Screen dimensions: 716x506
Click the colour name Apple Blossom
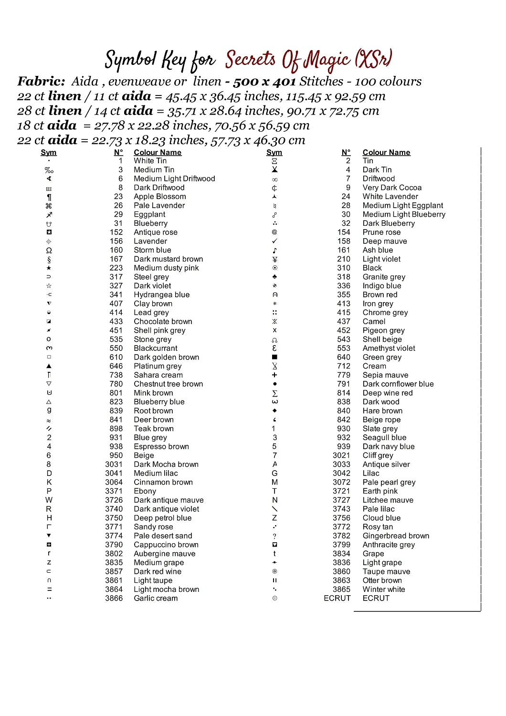point(159,197)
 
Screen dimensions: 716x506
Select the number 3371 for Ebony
point(114,491)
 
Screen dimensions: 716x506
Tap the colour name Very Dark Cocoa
point(392,188)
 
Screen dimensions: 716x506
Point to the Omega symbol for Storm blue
point(49,250)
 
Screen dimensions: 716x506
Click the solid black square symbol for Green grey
point(274,357)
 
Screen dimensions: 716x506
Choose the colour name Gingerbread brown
point(396,536)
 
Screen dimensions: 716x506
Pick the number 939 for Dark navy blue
point(344,447)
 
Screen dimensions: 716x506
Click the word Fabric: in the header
point(41,81)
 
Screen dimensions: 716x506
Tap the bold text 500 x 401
point(264,82)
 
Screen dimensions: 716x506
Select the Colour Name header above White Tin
point(158,152)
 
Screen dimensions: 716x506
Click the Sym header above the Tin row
point(274,152)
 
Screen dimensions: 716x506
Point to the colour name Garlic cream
point(156,599)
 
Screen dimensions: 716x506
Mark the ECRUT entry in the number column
point(337,599)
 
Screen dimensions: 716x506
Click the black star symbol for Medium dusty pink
point(49,268)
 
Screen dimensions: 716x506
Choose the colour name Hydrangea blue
point(161,295)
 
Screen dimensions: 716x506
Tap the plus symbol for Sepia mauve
point(274,375)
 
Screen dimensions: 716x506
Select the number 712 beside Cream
point(344,366)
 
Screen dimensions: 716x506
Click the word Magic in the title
point(327,60)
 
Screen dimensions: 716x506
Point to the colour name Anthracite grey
point(389,545)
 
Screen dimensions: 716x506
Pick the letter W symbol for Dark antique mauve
point(49,500)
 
